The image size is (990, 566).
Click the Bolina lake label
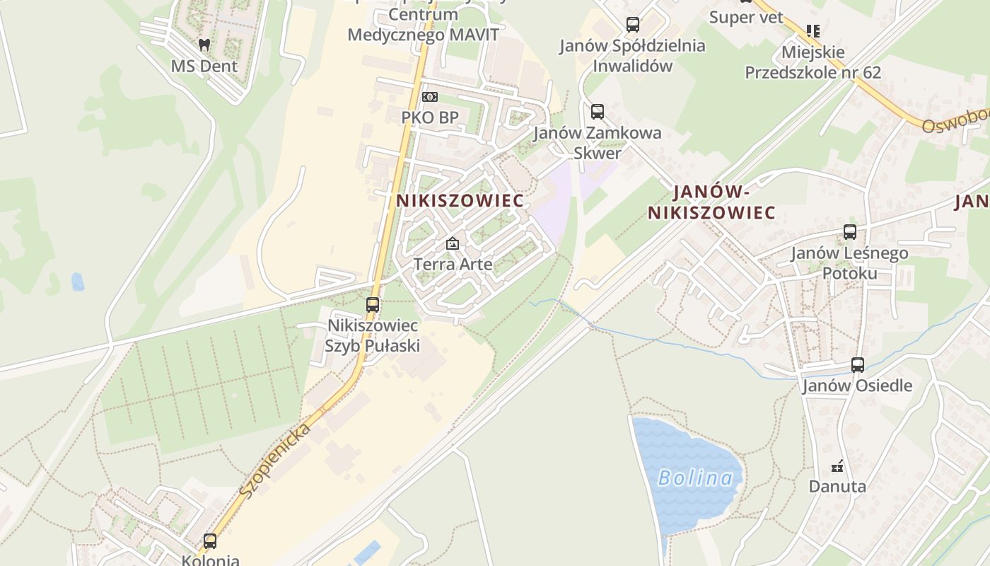(x=696, y=478)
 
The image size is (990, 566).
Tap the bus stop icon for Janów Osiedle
(x=858, y=365)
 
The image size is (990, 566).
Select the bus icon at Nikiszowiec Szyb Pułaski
(x=373, y=305)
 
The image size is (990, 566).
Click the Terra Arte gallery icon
(x=453, y=243)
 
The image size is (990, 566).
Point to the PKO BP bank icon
(x=430, y=97)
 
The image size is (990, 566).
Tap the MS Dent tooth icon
(x=204, y=45)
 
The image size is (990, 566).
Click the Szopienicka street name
(x=275, y=460)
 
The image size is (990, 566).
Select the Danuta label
(x=837, y=487)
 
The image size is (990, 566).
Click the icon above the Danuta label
(x=837, y=466)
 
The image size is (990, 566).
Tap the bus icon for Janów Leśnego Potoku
(x=850, y=231)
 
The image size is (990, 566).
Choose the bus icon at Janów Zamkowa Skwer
(x=598, y=111)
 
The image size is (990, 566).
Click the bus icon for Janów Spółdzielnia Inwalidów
(x=633, y=25)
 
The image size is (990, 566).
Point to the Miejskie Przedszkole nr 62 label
(x=813, y=62)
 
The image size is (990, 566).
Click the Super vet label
(x=746, y=17)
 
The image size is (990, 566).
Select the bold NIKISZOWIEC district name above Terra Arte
(x=460, y=201)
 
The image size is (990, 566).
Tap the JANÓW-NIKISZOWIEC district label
(x=711, y=202)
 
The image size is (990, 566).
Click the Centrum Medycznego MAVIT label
(x=424, y=25)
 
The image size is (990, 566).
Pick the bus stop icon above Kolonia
(x=210, y=541)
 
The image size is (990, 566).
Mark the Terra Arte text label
(x=453, y=265)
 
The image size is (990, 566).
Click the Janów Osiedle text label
(x=857, y=386)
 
